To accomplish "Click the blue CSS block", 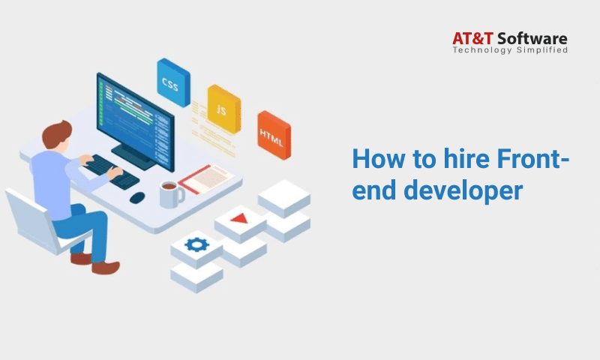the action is click(x=173, y=82).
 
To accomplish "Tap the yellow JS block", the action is click(x=224, y=109).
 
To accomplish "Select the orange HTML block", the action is click(x=274, y=135).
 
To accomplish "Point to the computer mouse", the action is click(x=137, y=197).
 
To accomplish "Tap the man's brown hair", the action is click(x=56, y=134).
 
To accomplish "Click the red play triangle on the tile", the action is click(x=239, y=219).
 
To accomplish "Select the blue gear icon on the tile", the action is click(x=196, y=244).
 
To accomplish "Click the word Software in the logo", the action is click(x=532, y=39).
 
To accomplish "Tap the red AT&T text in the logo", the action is click(x=472, y=39).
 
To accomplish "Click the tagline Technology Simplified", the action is click(x=510, y=50).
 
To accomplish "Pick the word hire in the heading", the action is click(x=466, y=158).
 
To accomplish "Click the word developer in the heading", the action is click(x=463, y=191).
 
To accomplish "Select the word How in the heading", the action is click(x=378, y=158).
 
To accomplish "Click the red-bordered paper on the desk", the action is click(x=206, y=178).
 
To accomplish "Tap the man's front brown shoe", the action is click(x=106, y=268).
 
